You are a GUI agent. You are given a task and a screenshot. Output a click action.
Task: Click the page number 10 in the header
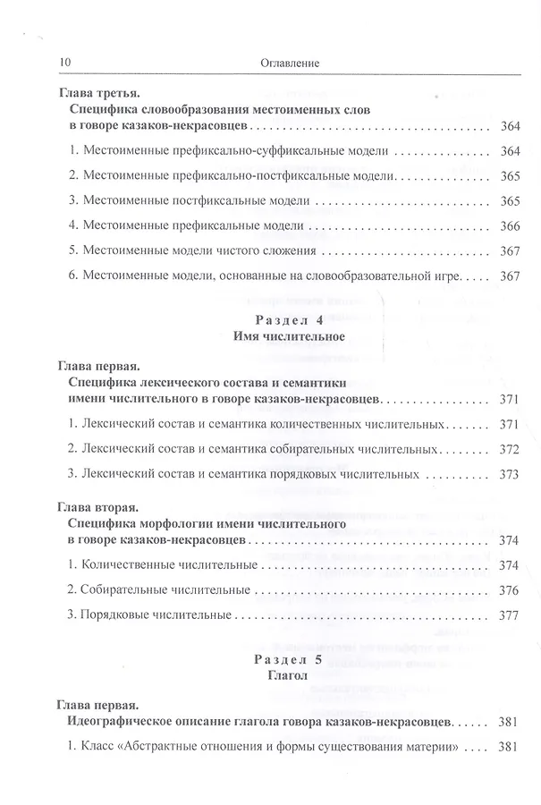pyautogui.click(x=63, y=63)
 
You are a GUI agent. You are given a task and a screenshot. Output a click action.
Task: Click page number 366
pyautogui.click(x=510, y=226)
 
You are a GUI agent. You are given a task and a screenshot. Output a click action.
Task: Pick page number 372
pyautogui.click(x=510, y=448)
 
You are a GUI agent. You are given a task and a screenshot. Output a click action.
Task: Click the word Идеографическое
pyautogui.click(x=125, y=720)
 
